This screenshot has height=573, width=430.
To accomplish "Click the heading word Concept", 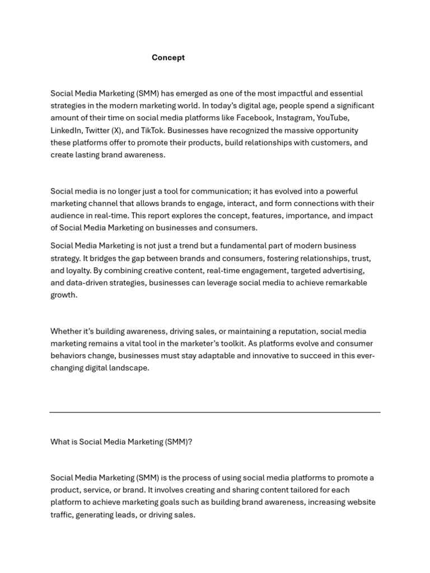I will [x=168, y=58].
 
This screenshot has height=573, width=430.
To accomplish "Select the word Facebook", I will [x=255, y=118].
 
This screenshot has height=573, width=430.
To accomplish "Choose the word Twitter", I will [x=97, y=130].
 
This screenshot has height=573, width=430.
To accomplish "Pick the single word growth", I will [x=63, y=295].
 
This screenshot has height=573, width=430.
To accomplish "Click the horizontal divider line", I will [x=215, y=412].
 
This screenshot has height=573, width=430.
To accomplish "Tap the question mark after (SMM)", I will [x=190, y=442].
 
